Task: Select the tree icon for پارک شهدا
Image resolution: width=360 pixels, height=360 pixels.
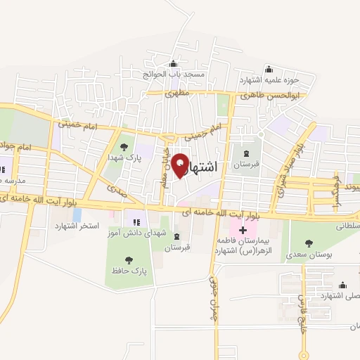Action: [124, 147]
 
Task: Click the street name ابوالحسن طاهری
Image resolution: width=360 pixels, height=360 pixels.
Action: [270, 95]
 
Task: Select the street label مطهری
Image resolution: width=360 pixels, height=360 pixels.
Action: [176, 94]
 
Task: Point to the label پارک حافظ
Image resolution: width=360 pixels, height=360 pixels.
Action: [127, 270]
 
